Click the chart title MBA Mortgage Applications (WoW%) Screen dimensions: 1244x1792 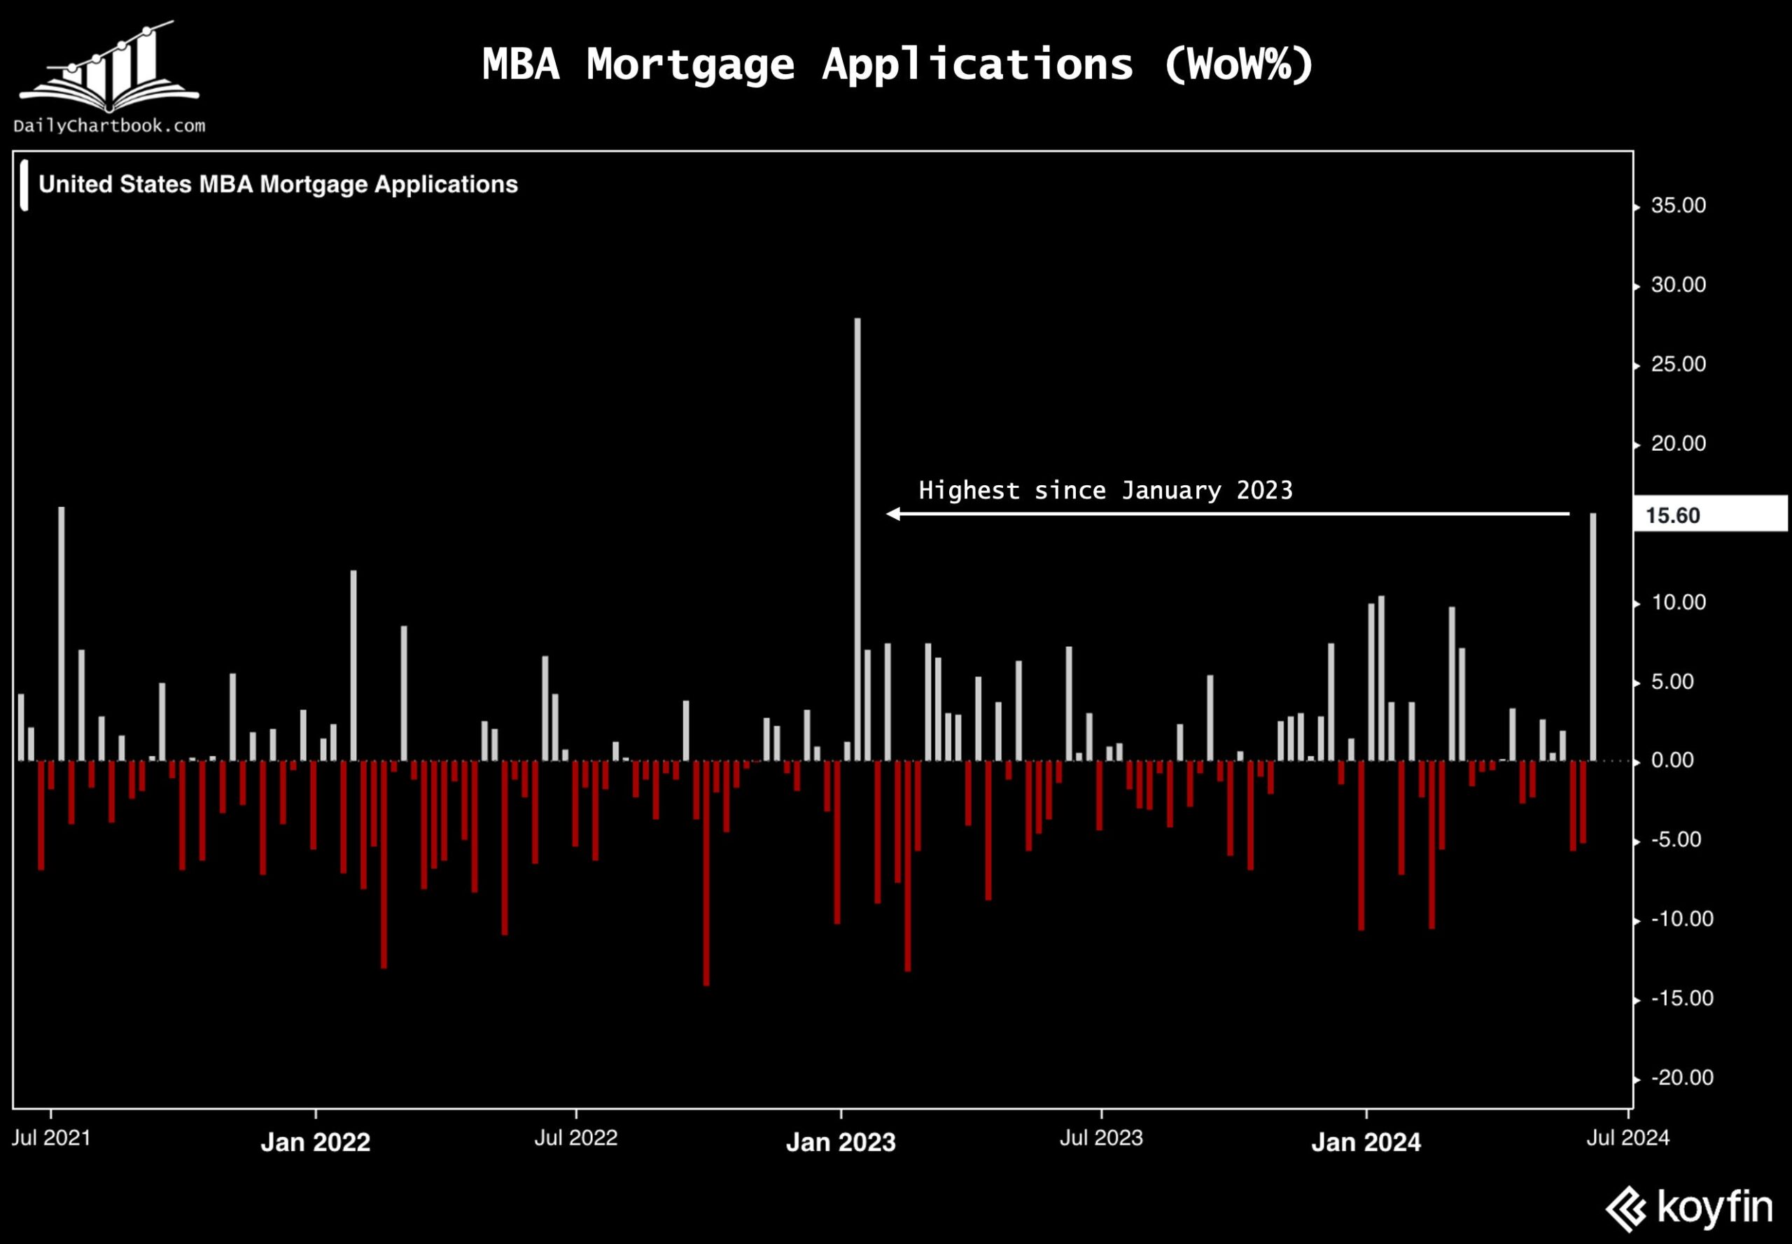[x=897, y=64]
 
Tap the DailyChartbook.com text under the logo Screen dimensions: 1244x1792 [x=109, y=125]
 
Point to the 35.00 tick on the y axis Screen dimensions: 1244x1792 [x=1677, y=206]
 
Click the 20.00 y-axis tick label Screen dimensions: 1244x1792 [x=1677, y=445]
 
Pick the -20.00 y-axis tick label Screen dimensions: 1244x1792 [x=1681, y=1078]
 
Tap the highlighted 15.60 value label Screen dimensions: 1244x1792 [x=1673, y=515]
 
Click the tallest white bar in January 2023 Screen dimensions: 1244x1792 [x=857, y=538]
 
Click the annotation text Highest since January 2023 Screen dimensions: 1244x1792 [x=1105, y=490]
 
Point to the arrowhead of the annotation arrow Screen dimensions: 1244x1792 [x=893, y=514]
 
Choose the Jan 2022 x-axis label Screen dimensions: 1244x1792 [x=315, y=1142]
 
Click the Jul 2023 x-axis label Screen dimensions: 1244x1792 [x=1100, y=1138]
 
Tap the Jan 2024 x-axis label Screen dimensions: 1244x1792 [x=1366, y=1142]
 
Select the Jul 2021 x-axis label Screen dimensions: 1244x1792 [x=50, y=1138]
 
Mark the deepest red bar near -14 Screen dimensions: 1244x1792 [x=706, y=873]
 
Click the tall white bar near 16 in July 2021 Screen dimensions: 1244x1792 [x=62, y=633]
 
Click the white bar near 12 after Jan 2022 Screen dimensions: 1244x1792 [x=353, y=665]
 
